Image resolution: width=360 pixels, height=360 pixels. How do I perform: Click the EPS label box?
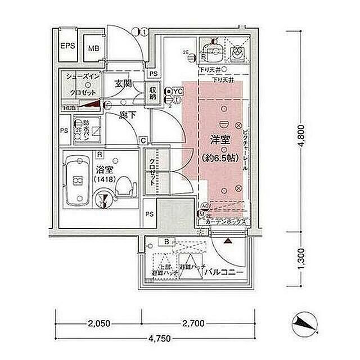[x=68, y=46]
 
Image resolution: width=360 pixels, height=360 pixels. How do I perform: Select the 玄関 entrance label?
[x=123, y=83]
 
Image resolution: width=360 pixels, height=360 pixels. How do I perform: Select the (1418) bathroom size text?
[x=103, y=179]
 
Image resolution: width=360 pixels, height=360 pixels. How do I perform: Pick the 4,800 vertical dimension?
[x=302, y=134]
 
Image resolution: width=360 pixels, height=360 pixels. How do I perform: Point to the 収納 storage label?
[x=152, y=92]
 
